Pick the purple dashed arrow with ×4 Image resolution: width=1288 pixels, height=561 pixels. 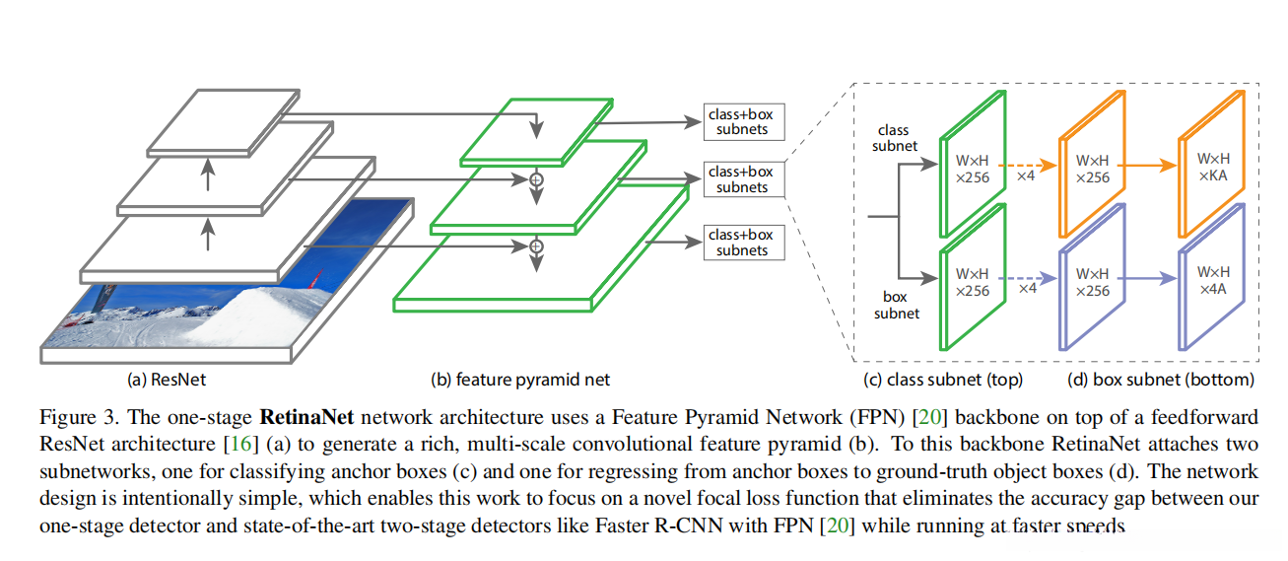click(1028, 280)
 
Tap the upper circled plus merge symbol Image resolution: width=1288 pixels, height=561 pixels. click(536, 179)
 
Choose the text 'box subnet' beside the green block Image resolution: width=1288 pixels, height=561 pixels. click(896, 305)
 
